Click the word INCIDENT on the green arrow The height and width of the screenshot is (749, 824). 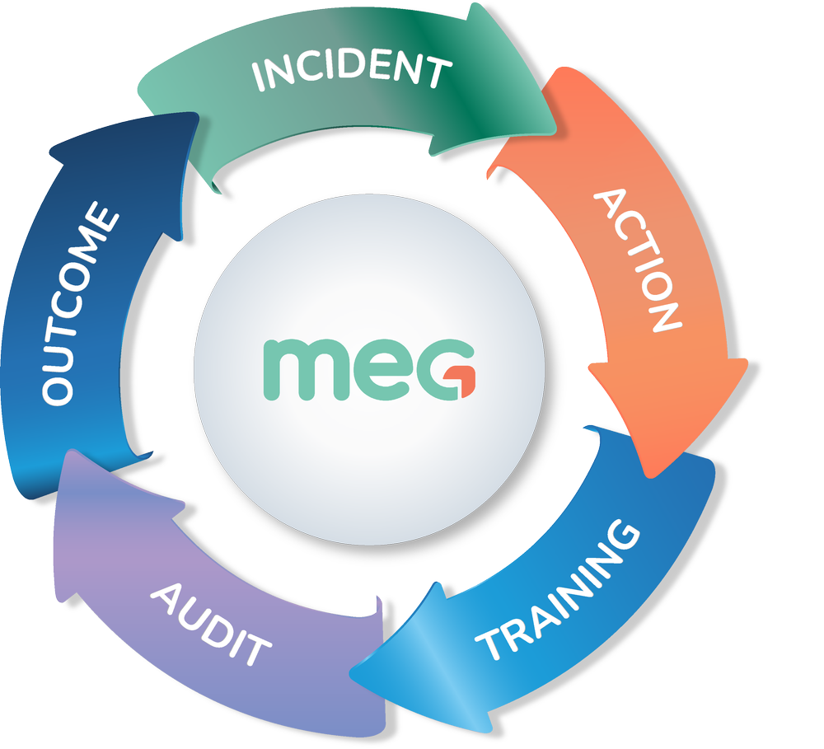(352, 71)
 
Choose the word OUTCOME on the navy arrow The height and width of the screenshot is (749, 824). (79, 306)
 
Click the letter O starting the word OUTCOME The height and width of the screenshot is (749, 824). (57, 387)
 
